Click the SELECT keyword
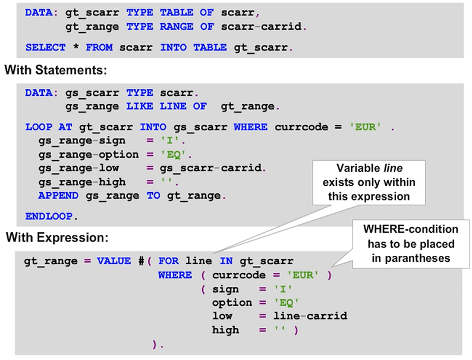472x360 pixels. coord(45,46)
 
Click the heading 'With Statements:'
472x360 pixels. coord(55,70)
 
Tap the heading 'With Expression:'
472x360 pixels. coord(57,238)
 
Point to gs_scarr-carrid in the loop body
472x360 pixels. coord(207,168)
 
